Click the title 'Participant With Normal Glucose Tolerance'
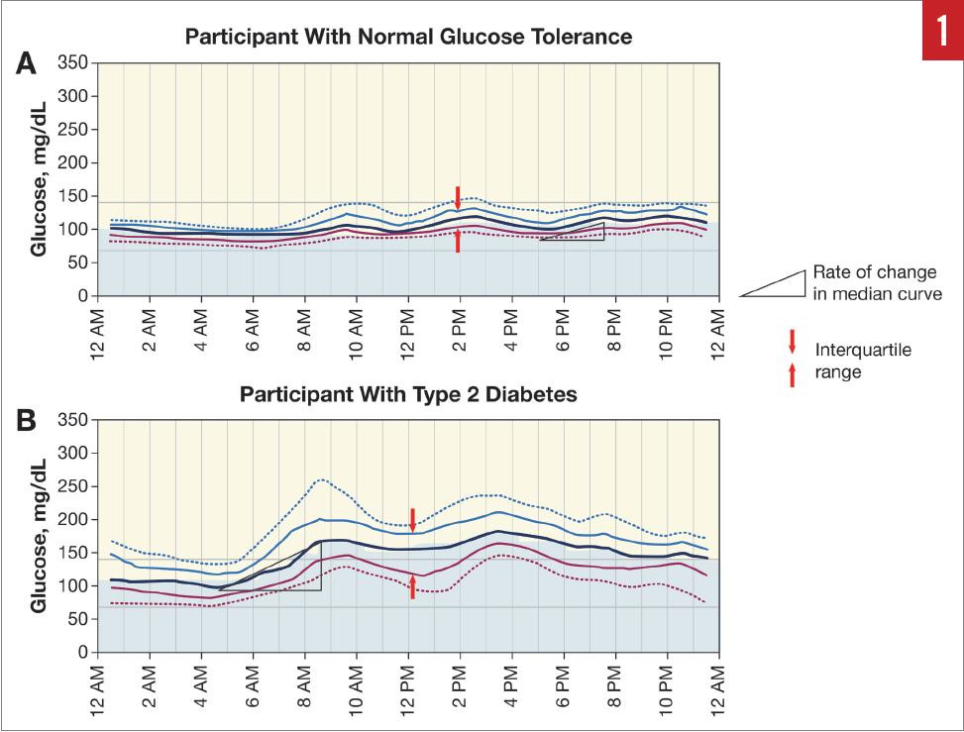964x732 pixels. (x=408, y=38)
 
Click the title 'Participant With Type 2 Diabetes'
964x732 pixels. (x=408, y=394)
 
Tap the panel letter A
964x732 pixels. (x=27, y=63)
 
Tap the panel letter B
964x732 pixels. (x=27, y=420)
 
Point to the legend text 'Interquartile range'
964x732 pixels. (x=849, y=361)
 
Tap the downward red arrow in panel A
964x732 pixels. (x=458, y=197)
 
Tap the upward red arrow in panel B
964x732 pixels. (x=412, y=586)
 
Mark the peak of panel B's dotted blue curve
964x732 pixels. (x=321, y=480)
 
